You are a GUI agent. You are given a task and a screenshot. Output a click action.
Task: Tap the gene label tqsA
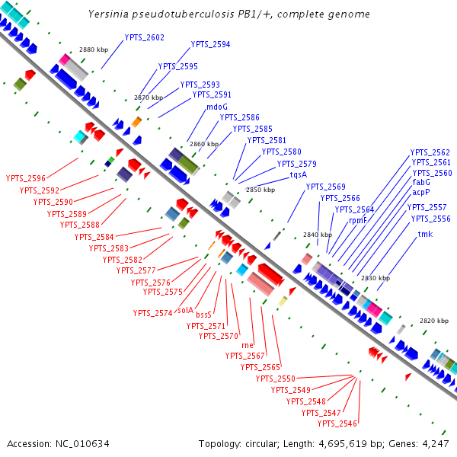299,174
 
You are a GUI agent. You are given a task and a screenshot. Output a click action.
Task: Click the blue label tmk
425,234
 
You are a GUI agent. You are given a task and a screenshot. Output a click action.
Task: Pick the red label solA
185,310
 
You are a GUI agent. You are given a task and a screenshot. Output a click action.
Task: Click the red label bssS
203,314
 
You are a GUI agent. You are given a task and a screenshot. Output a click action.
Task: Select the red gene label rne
247,345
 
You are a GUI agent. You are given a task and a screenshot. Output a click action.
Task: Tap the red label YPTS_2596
26,178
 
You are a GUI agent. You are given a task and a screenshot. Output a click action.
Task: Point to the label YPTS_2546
339,423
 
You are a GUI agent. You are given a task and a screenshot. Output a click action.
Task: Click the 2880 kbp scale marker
94,50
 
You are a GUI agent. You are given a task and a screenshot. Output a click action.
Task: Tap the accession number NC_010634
74,443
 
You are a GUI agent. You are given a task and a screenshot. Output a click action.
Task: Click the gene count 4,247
433,443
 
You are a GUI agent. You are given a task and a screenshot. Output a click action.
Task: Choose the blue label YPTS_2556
430,219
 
